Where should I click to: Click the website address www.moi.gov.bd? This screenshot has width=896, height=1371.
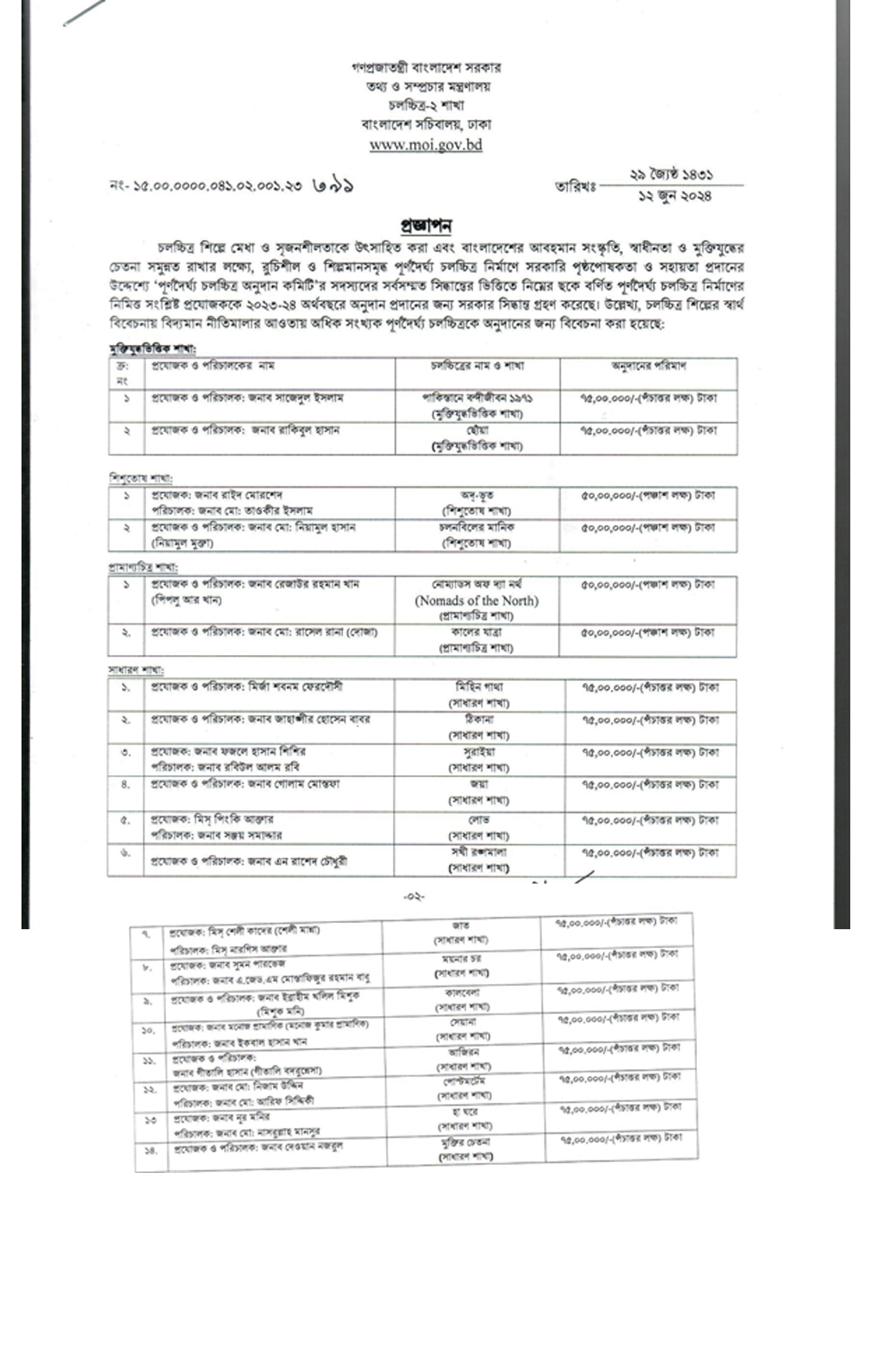click(426, 144)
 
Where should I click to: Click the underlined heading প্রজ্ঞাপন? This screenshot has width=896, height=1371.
click(426, 225)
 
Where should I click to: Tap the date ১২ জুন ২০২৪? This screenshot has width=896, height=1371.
click(675, 195)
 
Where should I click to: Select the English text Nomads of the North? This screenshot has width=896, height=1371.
click(477, 600)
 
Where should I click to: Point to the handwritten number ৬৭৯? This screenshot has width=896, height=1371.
click(333, 186)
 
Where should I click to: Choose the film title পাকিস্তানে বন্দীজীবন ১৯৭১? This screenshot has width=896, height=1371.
click(478, 398)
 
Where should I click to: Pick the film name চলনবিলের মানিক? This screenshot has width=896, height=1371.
click(477, 528)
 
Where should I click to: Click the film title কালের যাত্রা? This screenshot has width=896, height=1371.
click(476, 632)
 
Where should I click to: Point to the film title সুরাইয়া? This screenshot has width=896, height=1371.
click(479, 752)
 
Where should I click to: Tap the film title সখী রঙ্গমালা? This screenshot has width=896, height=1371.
click(478, 852)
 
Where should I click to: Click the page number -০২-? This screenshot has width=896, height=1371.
click(414, 896)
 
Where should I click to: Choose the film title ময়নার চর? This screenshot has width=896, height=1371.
click(462, 958)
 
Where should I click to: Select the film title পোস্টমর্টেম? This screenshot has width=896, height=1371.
click(463, 1082)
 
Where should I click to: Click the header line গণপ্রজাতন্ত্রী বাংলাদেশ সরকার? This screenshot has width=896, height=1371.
click(426, 67)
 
